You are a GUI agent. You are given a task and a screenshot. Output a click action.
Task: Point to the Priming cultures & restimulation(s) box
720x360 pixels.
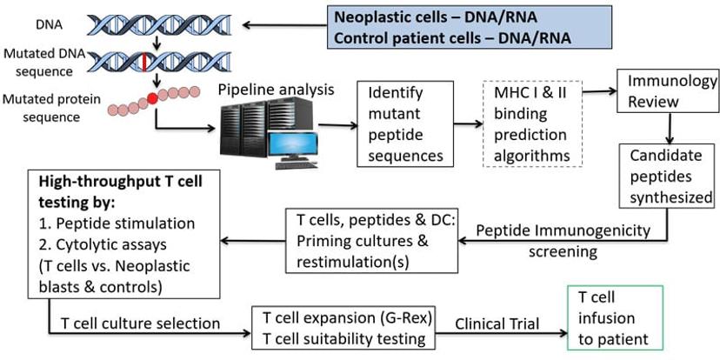366,237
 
